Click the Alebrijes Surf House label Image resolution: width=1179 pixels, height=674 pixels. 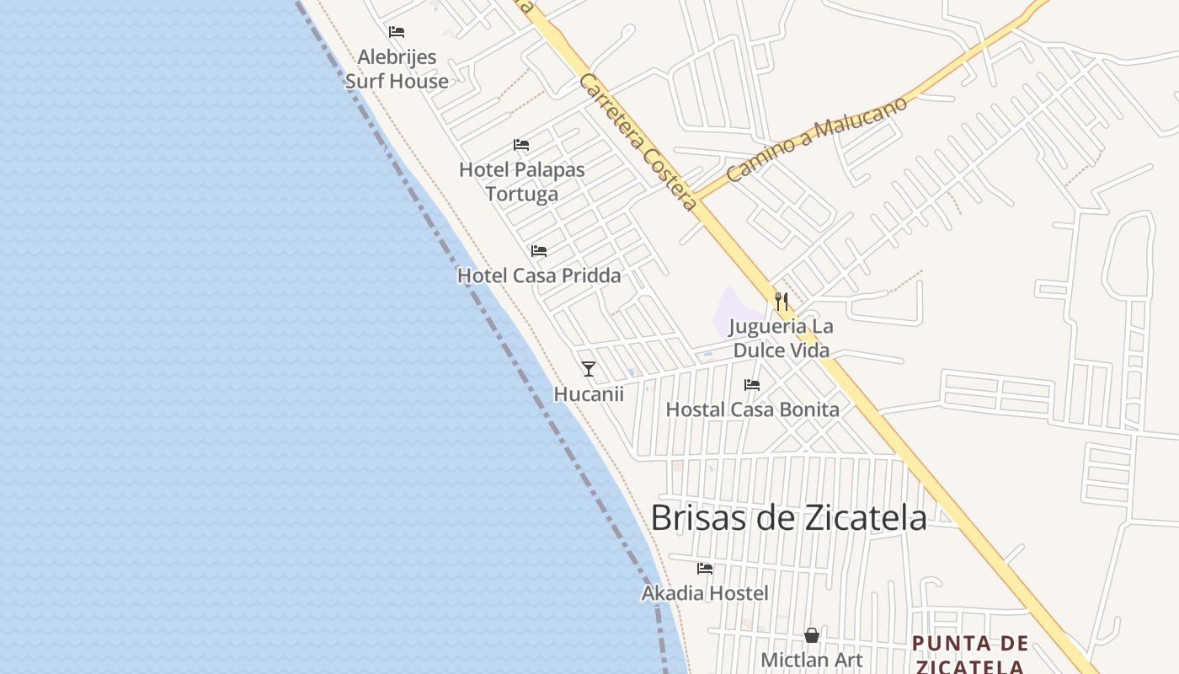pos(397,69)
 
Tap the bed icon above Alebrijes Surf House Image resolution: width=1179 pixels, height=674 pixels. pos(397,32)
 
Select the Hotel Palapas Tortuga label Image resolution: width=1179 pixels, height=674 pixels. pos(522,182)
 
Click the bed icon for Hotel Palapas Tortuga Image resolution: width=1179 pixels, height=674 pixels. pos(521,145)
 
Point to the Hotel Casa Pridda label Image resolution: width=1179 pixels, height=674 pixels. pos(539,275)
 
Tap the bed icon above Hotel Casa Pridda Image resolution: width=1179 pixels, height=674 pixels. pos(539,251)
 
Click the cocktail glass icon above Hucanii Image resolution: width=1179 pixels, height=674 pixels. pos(589,368)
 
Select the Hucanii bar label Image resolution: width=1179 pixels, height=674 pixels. pos(589,393)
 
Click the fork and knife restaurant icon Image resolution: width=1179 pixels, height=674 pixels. pos(782,301)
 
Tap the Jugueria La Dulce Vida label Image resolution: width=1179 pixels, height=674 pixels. pos(782,338)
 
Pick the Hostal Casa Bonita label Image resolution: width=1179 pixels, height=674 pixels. pos(753,410)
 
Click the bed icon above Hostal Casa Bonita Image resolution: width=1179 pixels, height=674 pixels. pos(752,385)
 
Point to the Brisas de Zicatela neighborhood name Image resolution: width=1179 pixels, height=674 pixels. pos(789,517)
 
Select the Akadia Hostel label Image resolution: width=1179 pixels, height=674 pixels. pos(705,593)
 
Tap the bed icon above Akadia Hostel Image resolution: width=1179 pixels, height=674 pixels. pos(705,569)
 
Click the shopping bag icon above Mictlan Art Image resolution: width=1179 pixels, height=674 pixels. pos(812,635)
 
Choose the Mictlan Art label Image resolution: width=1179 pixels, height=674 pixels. pos(812,660)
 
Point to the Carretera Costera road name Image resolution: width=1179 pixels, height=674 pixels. pos(638,142)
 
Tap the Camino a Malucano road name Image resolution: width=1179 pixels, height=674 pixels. pos(817,139)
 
